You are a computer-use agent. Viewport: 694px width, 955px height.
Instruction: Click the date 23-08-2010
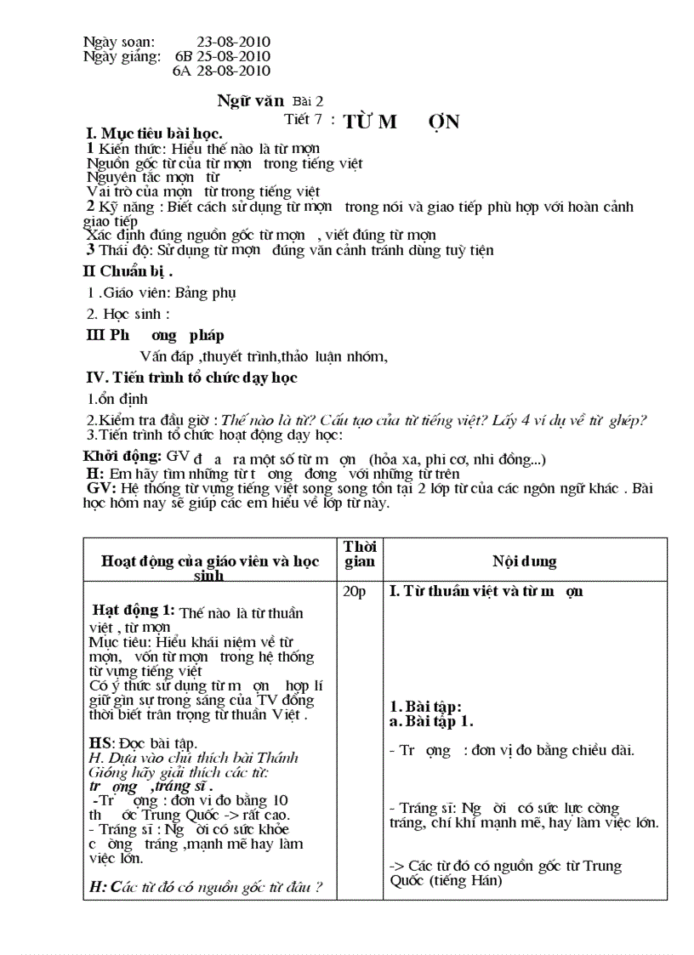pyautogui.click(x=233, y=42)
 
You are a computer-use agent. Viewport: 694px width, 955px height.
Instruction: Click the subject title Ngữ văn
pyautogui.click(x=250, y=100)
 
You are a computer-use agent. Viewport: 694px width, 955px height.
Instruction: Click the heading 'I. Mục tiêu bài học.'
pyautogui.click(x=155, y=134)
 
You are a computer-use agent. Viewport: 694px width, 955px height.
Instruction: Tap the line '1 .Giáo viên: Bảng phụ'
pyautogui.click(x=162, y=293)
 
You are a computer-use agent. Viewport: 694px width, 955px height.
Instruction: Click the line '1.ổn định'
pyautogui.click(x=118, y=399)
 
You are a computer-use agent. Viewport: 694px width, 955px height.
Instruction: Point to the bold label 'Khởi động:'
pyautogui.click(x=122, y=457)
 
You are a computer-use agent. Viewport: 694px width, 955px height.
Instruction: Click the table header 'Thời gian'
pyautogui.click(x=359, y=554)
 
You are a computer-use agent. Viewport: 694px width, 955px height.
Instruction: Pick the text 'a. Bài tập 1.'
pyautogui.click(x=431, y=721)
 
